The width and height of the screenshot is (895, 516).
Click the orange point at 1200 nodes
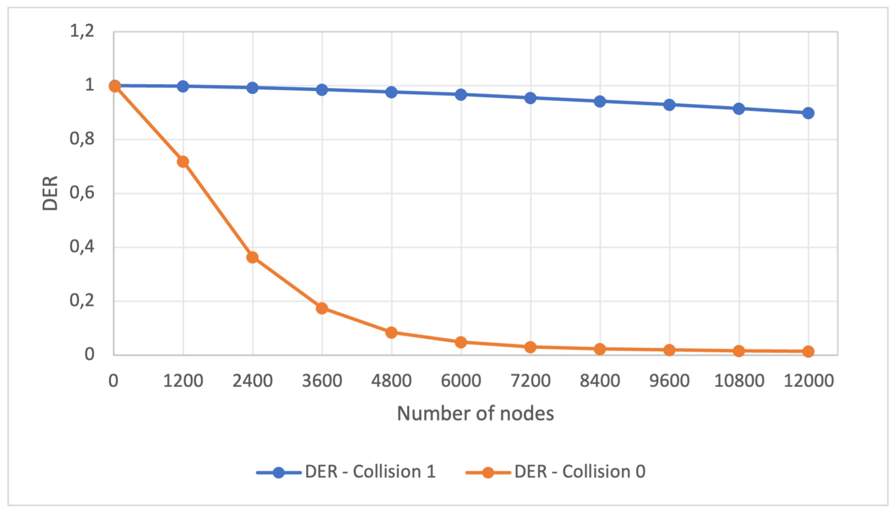[x=183, y=162]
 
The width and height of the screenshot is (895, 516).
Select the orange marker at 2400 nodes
[x=252, y=257]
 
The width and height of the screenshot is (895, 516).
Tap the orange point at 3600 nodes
[x=322, y=308]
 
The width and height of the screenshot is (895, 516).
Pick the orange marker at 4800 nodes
[x=391, y=332]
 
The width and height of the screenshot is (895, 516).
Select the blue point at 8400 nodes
[x=600, y=101]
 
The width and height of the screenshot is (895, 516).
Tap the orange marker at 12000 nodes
[x=808, y=352]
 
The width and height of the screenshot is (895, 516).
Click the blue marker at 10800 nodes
[x=739, y=109]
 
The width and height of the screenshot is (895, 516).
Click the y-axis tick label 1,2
[x=82, y=31]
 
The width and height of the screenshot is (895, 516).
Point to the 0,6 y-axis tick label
[x=82, y=193]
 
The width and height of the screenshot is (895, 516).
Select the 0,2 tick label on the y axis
[x=82, y=301]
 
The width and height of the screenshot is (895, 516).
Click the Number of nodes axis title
[x=475, y=413]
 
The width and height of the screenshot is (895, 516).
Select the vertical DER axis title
[x=50, y=193]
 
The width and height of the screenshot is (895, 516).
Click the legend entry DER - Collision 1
[x=370, y=472]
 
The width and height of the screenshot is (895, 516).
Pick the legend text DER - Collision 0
[x=580, y=472]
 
